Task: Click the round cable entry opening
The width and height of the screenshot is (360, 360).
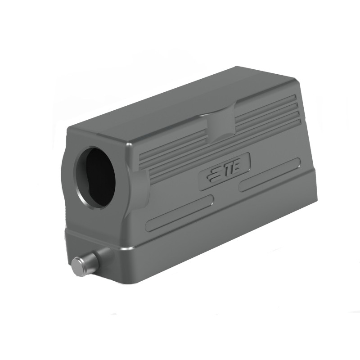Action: [96, 177]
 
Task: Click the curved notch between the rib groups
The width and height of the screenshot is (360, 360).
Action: [220, 123]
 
